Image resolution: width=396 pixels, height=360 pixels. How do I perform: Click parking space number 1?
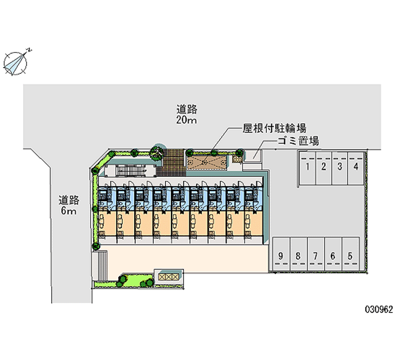pyautogui.click(x=307, y=168)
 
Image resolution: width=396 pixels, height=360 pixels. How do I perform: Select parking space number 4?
pyautogui.click(x=356, y=168)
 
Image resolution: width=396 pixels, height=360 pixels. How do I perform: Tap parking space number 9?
pyautogui.click(x=281, y=254)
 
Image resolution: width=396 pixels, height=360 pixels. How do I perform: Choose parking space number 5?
pyautogui.click(x=350, y=254)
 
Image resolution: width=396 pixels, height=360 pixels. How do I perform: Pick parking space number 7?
pyautogui.click(x=316, y=254)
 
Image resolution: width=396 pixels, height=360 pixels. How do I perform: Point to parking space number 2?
pyautogui.click(x=324, y=168)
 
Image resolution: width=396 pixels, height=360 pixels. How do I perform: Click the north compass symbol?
pyautogui.click(x=16, y=63)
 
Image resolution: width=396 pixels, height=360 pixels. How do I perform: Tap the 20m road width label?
pyautogui.click(x=187, y=120)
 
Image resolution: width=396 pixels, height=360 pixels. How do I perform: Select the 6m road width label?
pyautogui.click(x=68, y=210)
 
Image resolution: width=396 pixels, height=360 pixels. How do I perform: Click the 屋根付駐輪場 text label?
pyautogui.click(x=275, y=128)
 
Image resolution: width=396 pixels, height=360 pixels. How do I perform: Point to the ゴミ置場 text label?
pyautogui.click(x=298, y=141)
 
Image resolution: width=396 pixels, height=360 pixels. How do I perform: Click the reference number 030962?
pyautogui.click(x=379, y=309)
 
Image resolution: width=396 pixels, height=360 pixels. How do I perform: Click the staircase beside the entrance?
pyautogui.click(x=132, y=171)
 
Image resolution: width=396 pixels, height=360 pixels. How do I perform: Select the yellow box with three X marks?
pyautogui.click(x=168, y=277)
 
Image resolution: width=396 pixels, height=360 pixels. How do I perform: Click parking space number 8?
pyautogui.click(x=298, y=254)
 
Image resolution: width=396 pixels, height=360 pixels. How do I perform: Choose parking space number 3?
pyautogui.click(x=340, y=168)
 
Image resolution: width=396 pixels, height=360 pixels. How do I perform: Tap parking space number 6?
pyautogui.click(x=333, y=254)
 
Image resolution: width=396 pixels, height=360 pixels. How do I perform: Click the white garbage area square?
pyautogui.click(x=253, y=156)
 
